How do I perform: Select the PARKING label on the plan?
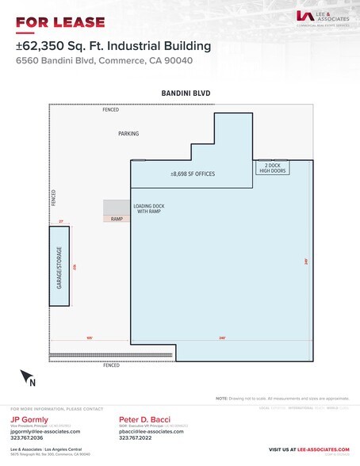(x=128, y=134)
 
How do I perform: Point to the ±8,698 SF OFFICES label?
(x=193, y=174)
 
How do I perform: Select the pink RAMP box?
(x=117, y=219)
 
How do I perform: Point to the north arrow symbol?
(x=29, y=377)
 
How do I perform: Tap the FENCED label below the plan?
(x=111, y=365)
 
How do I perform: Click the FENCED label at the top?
(x=111, y=110)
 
